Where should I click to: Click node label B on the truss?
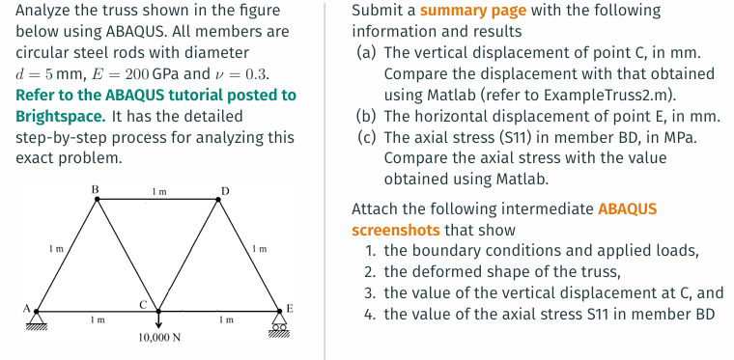pyautogui.click(x=94, y=188)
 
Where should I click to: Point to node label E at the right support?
pyautogui.click(x=289, y=307)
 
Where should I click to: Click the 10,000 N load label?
pyautogui.click(x=158, y=339)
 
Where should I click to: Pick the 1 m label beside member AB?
pyautogui.click(x=56, y=249)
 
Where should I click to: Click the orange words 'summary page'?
pyautogui.click(x=473, y=12)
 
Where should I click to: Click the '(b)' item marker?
pyautogui.click(x=367, y=116)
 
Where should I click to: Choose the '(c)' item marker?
pyautogui.click(x=366, y=137)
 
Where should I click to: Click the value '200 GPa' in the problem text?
pyautogui.click(x=149, y=74)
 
